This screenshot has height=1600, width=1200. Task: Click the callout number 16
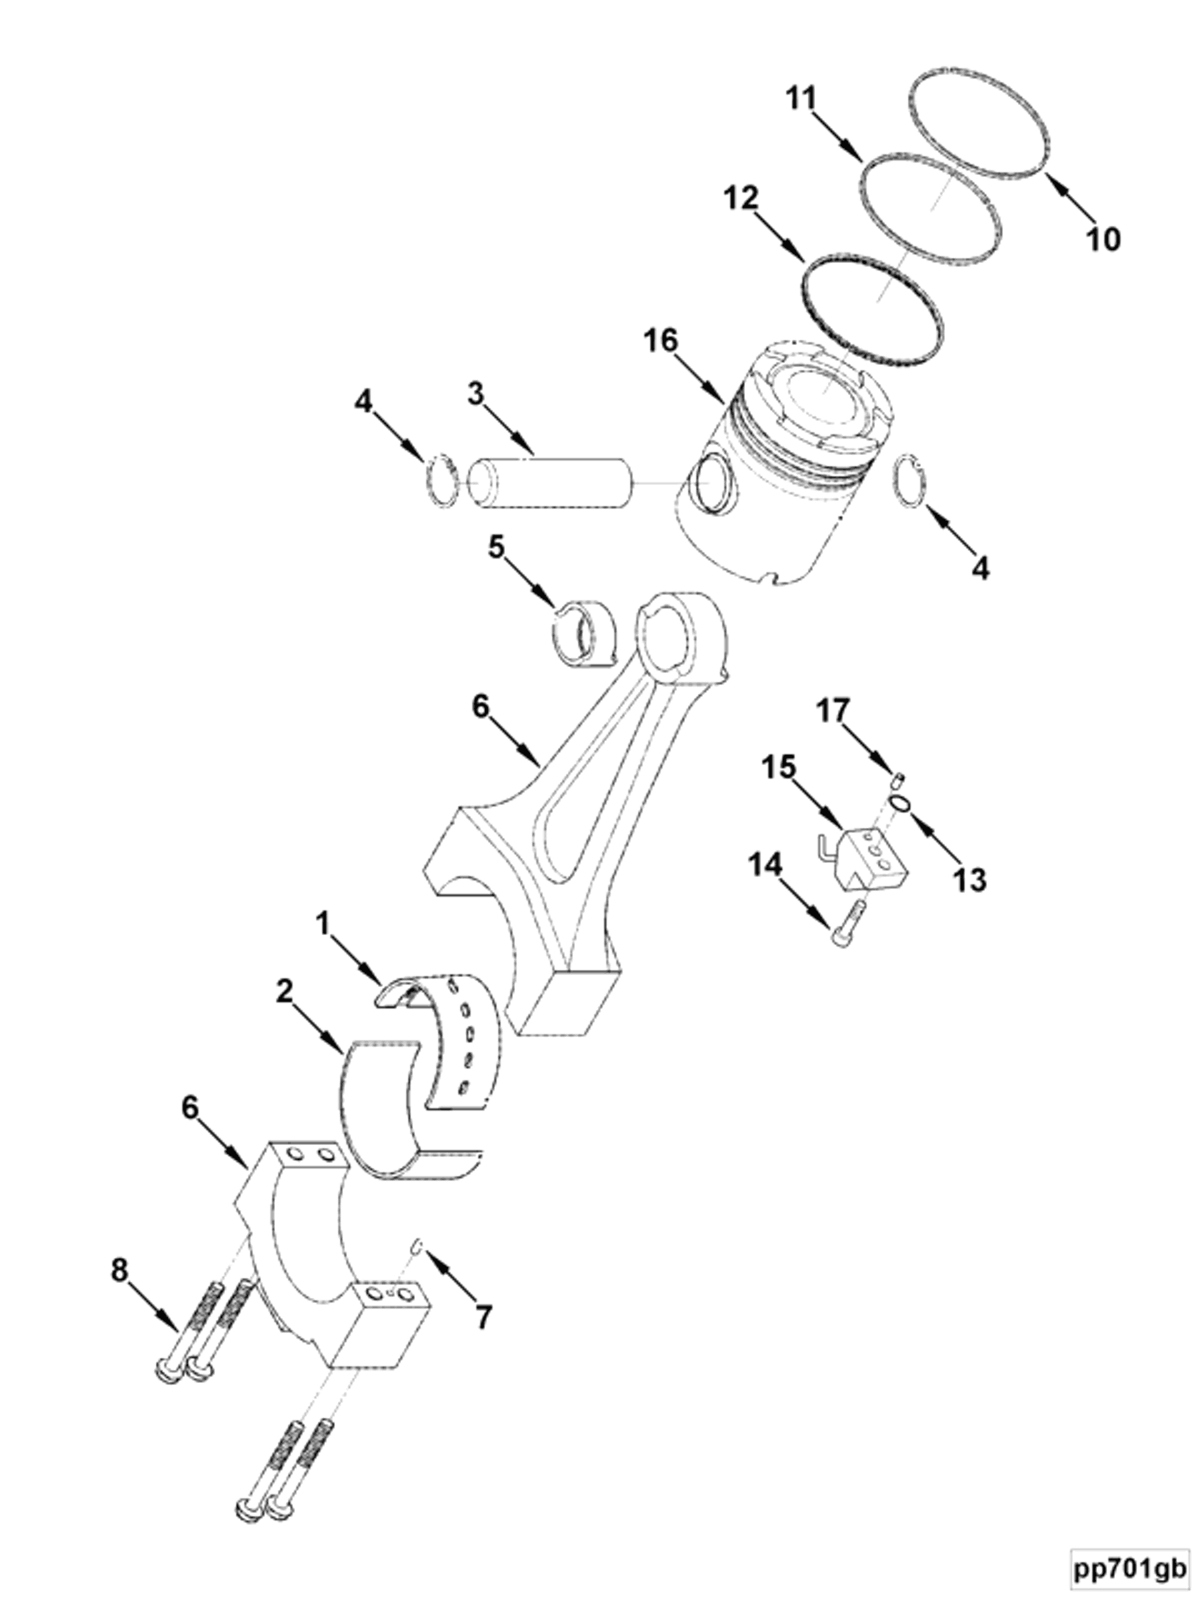(661, 341)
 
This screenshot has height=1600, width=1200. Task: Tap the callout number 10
(1103, 239)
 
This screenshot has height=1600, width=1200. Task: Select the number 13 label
(969, 880)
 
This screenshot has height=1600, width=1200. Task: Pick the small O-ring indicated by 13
(899, 803)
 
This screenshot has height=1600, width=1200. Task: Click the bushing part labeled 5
(583, 631)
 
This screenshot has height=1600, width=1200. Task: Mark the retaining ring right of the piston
(910, 481)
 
